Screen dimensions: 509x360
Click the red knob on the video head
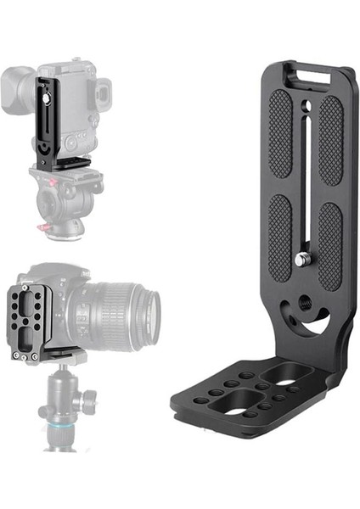point(42,227)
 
